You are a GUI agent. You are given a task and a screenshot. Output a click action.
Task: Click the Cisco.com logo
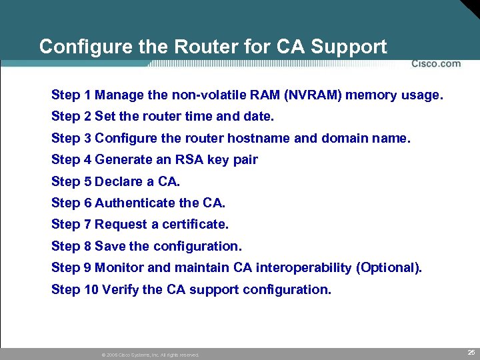pos(435,64)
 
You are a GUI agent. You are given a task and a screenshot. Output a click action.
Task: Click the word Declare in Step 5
pos(117,181)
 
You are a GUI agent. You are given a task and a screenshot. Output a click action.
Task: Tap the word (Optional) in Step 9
pos(389,268)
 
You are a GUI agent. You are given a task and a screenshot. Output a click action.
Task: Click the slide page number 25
pos(471,351)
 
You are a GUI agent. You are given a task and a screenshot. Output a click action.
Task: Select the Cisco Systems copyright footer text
pos(150,355)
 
